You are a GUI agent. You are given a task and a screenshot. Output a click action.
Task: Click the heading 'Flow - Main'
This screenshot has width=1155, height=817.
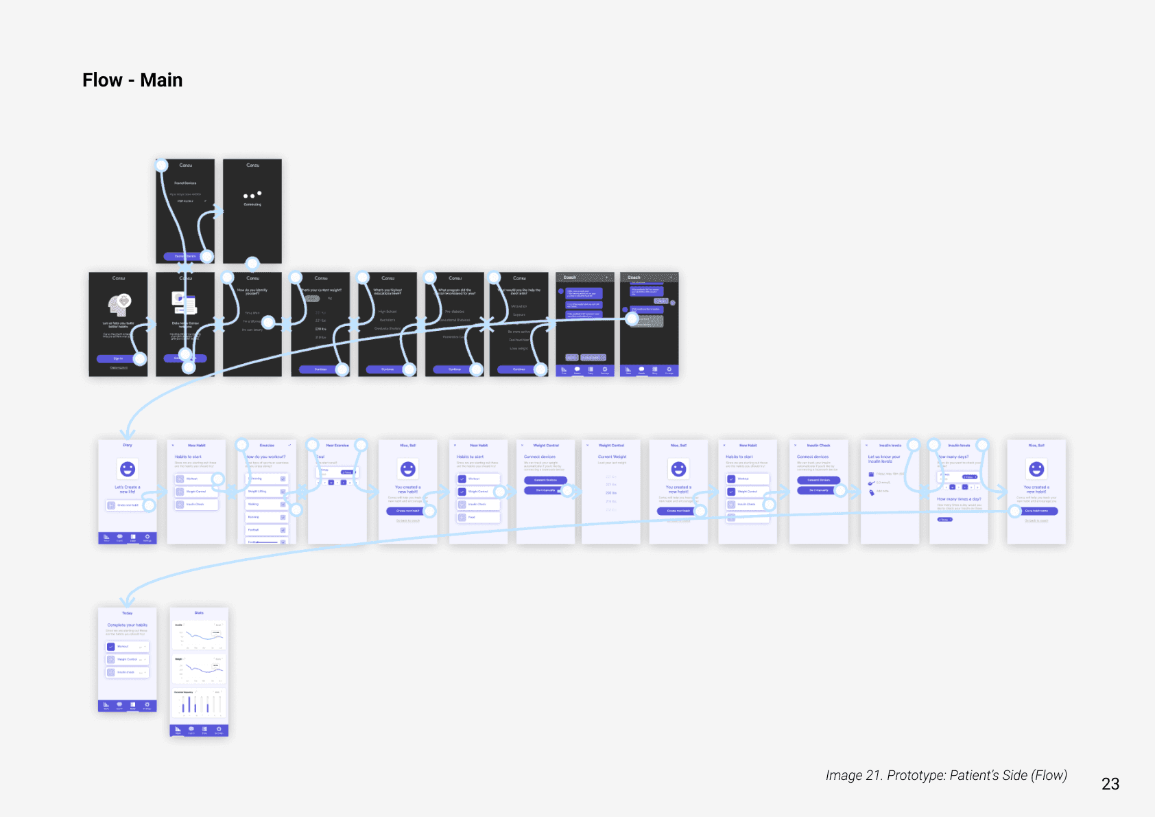click(x=132, y=80)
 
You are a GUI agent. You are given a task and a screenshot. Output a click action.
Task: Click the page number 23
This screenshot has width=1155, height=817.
click(x=1110, y=784)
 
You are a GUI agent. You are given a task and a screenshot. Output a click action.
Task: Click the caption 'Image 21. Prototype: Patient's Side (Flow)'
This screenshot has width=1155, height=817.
click(x=946, y=775)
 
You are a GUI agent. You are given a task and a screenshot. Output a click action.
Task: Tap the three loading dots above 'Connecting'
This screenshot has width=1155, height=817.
click(x=252, y=195)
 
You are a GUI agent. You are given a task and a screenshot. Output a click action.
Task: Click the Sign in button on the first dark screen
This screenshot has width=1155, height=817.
click(x=118, y=358)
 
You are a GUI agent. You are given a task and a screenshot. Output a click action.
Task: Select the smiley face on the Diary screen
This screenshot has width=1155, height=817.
click(x=128, y=469)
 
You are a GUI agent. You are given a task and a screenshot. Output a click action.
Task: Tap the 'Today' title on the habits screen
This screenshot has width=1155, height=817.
click(x=128, y=613)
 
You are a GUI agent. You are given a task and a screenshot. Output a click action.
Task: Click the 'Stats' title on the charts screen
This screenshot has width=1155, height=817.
click(x=199, y=613)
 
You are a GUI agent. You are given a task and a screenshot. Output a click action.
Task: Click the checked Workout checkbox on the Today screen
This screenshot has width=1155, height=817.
click(x=111, y=647)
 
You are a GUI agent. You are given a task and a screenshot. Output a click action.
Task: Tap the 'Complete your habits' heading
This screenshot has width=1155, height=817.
click(x=128, y=625)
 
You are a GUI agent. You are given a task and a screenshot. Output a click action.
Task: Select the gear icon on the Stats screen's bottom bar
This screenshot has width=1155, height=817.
click(x=219, y=728)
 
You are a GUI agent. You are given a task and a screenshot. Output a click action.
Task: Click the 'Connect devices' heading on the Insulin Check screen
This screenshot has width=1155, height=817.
click(x=813, y=457)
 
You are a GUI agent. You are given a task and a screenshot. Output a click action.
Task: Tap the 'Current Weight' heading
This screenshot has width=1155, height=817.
click(x=612, y=457)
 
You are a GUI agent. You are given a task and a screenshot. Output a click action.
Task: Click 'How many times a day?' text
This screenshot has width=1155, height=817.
click(x=959, y=499)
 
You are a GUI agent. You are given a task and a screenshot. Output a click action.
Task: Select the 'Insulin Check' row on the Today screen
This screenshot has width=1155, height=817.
click(x=128, y=672)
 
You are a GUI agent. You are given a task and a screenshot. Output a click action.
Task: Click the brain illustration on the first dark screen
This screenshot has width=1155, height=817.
click(x=119, y=304)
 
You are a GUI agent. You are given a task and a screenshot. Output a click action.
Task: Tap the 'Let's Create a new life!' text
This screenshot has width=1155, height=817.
click(x=128, y=489)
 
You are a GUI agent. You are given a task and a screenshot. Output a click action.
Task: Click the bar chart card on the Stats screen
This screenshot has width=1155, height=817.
click(x=199, y=703)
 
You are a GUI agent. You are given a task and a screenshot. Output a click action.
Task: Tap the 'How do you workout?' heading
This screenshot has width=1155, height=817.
click(x=266, y=457)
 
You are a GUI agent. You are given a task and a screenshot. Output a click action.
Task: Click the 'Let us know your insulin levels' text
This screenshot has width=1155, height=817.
click(x=884, y=459)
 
